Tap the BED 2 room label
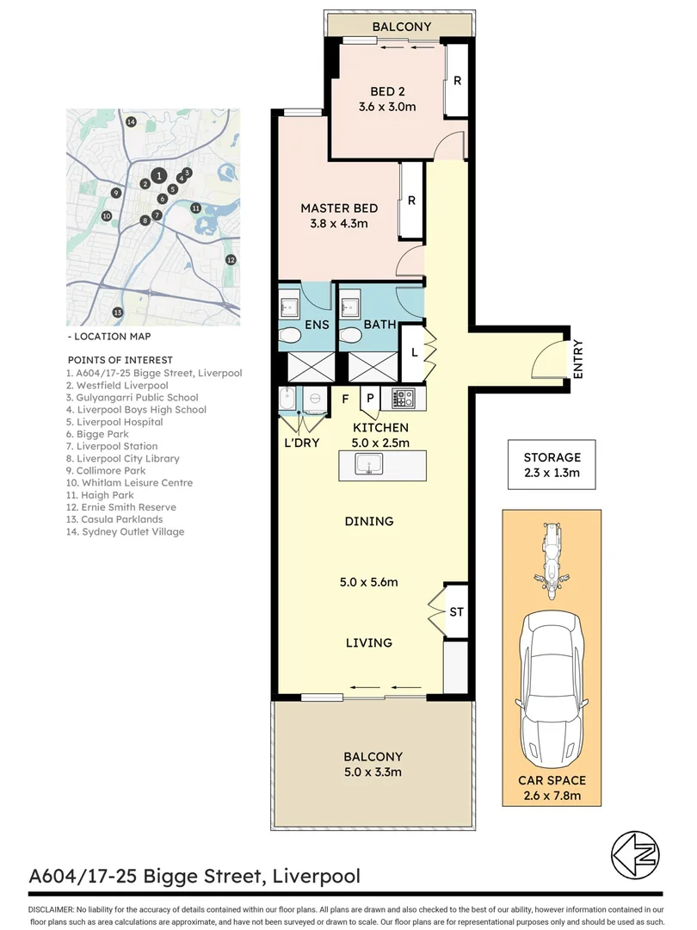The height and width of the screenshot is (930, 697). [x=387, y=92]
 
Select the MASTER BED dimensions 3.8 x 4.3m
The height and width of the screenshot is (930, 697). [x=339, y=224]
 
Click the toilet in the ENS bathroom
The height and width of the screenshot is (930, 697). [x=290, y=335]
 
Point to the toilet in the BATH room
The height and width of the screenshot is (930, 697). [x=349, y=335]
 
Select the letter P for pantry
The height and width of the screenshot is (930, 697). [x=370, y=398]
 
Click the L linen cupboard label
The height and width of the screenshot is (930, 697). [x=413, y=352]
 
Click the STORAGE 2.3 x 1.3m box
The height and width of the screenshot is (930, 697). [x=552, y=465]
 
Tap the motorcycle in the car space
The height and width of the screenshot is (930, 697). [x=552, y=560]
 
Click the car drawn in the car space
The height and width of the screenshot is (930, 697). [x=552, y=689]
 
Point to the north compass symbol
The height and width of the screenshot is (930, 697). [x=635, y=854]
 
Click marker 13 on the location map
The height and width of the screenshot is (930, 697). [x=118, y=312]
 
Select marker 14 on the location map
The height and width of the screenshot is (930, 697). [x=131, y=122]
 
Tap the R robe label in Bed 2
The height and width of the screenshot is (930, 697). [x=458, y=82]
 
